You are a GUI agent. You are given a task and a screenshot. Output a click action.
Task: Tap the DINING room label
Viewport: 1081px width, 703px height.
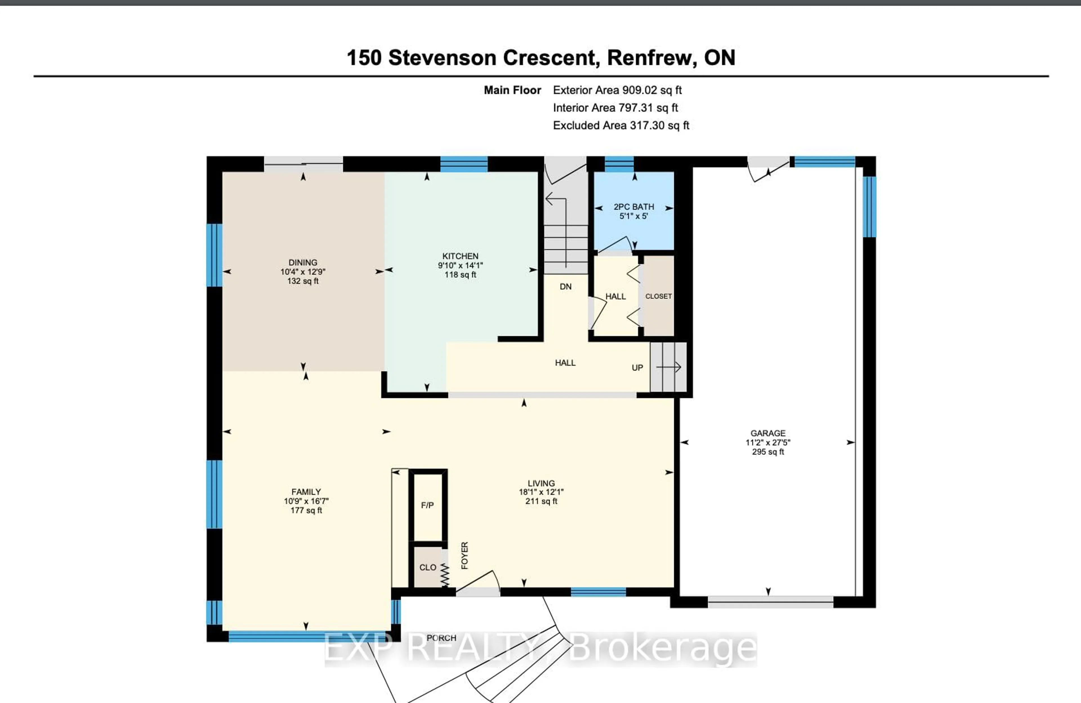pyautogui.click(x=303, y=262)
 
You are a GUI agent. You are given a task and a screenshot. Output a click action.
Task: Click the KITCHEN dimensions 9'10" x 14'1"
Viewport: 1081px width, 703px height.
pyautogui.click(x=460, y=265)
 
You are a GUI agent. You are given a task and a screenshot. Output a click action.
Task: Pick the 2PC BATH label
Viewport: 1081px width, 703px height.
pyautogui.click(x=634, y=207)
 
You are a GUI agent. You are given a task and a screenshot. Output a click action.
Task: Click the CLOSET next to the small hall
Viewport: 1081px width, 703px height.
pyautogui.click(x=658, y=296)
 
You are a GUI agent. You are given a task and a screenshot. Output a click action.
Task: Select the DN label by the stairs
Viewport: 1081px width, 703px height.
pyautogui.click(x=566, y=287)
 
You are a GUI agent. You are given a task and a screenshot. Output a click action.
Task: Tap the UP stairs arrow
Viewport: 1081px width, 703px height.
pyautogui.click(x=669, y=367)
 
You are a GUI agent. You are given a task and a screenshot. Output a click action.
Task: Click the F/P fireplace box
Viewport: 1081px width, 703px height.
pyautogui.click(x=427, y=505)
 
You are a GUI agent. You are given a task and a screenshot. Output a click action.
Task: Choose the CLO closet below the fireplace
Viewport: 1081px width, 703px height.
pyautogui.click(x=427, y=567)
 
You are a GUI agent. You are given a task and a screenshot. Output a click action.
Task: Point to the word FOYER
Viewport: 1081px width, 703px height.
pyautogui.click(x=464, y=555)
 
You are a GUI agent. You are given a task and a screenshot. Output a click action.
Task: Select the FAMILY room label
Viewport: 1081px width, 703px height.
pyautogui.click(x=306, y=492)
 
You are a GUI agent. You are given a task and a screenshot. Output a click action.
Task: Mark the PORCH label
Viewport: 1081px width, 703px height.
pyautogui.click(x=441, y=638)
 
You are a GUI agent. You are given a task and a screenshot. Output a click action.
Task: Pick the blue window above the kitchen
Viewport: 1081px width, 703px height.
pyautogui.click(x=464, y=164)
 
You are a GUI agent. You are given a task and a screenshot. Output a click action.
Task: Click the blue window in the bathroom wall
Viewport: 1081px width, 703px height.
pyautogui.click(x=619, y=164)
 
